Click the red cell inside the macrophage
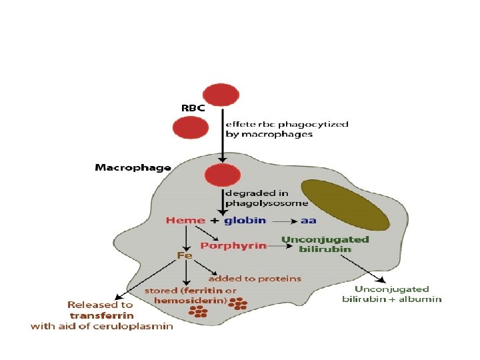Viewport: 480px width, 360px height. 220,176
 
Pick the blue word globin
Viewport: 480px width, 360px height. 245,220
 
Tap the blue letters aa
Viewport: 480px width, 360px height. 309,220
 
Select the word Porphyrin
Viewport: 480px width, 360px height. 233,245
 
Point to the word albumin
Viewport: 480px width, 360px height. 421,299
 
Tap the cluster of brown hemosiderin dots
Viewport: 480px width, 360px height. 237,304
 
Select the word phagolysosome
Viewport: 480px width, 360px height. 267,203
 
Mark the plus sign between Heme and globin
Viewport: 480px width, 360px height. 214,221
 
